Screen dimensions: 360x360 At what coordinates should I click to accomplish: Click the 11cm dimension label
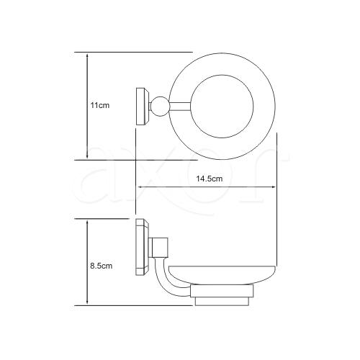(100, 105)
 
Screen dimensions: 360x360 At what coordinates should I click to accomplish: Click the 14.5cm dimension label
(210, 179)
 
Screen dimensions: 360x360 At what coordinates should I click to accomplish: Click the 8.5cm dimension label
(101, 266)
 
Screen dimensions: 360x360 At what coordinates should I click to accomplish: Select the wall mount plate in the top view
(143, 107)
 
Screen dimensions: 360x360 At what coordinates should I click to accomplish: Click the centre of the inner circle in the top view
(222, 107)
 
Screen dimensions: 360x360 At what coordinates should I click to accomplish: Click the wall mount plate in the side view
(143, 247)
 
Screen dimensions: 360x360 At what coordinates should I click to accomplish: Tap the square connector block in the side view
(158, 248)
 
